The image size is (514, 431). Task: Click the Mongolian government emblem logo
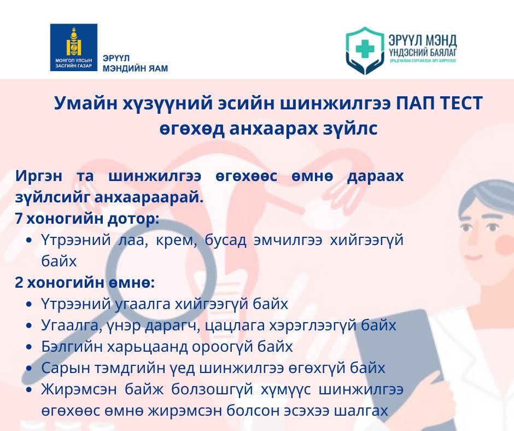pos(74,47)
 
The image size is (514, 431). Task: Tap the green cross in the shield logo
pos(365,49)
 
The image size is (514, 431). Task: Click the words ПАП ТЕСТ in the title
pos(439,103)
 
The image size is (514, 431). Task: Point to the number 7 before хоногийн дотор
pos(19,219)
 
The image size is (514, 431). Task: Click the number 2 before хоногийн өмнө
pos(19,282)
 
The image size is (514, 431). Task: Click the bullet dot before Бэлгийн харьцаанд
pos(30,347)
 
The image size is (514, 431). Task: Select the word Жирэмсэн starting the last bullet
pos(79,389)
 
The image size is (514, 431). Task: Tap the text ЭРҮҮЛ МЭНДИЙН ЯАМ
pos(135,63)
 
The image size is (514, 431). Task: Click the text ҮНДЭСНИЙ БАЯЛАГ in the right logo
pos(423,52)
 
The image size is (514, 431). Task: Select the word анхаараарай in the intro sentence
pos(149,197)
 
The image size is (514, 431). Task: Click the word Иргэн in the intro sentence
pos(38,177)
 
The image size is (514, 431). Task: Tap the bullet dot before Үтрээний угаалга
pos(30,304)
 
